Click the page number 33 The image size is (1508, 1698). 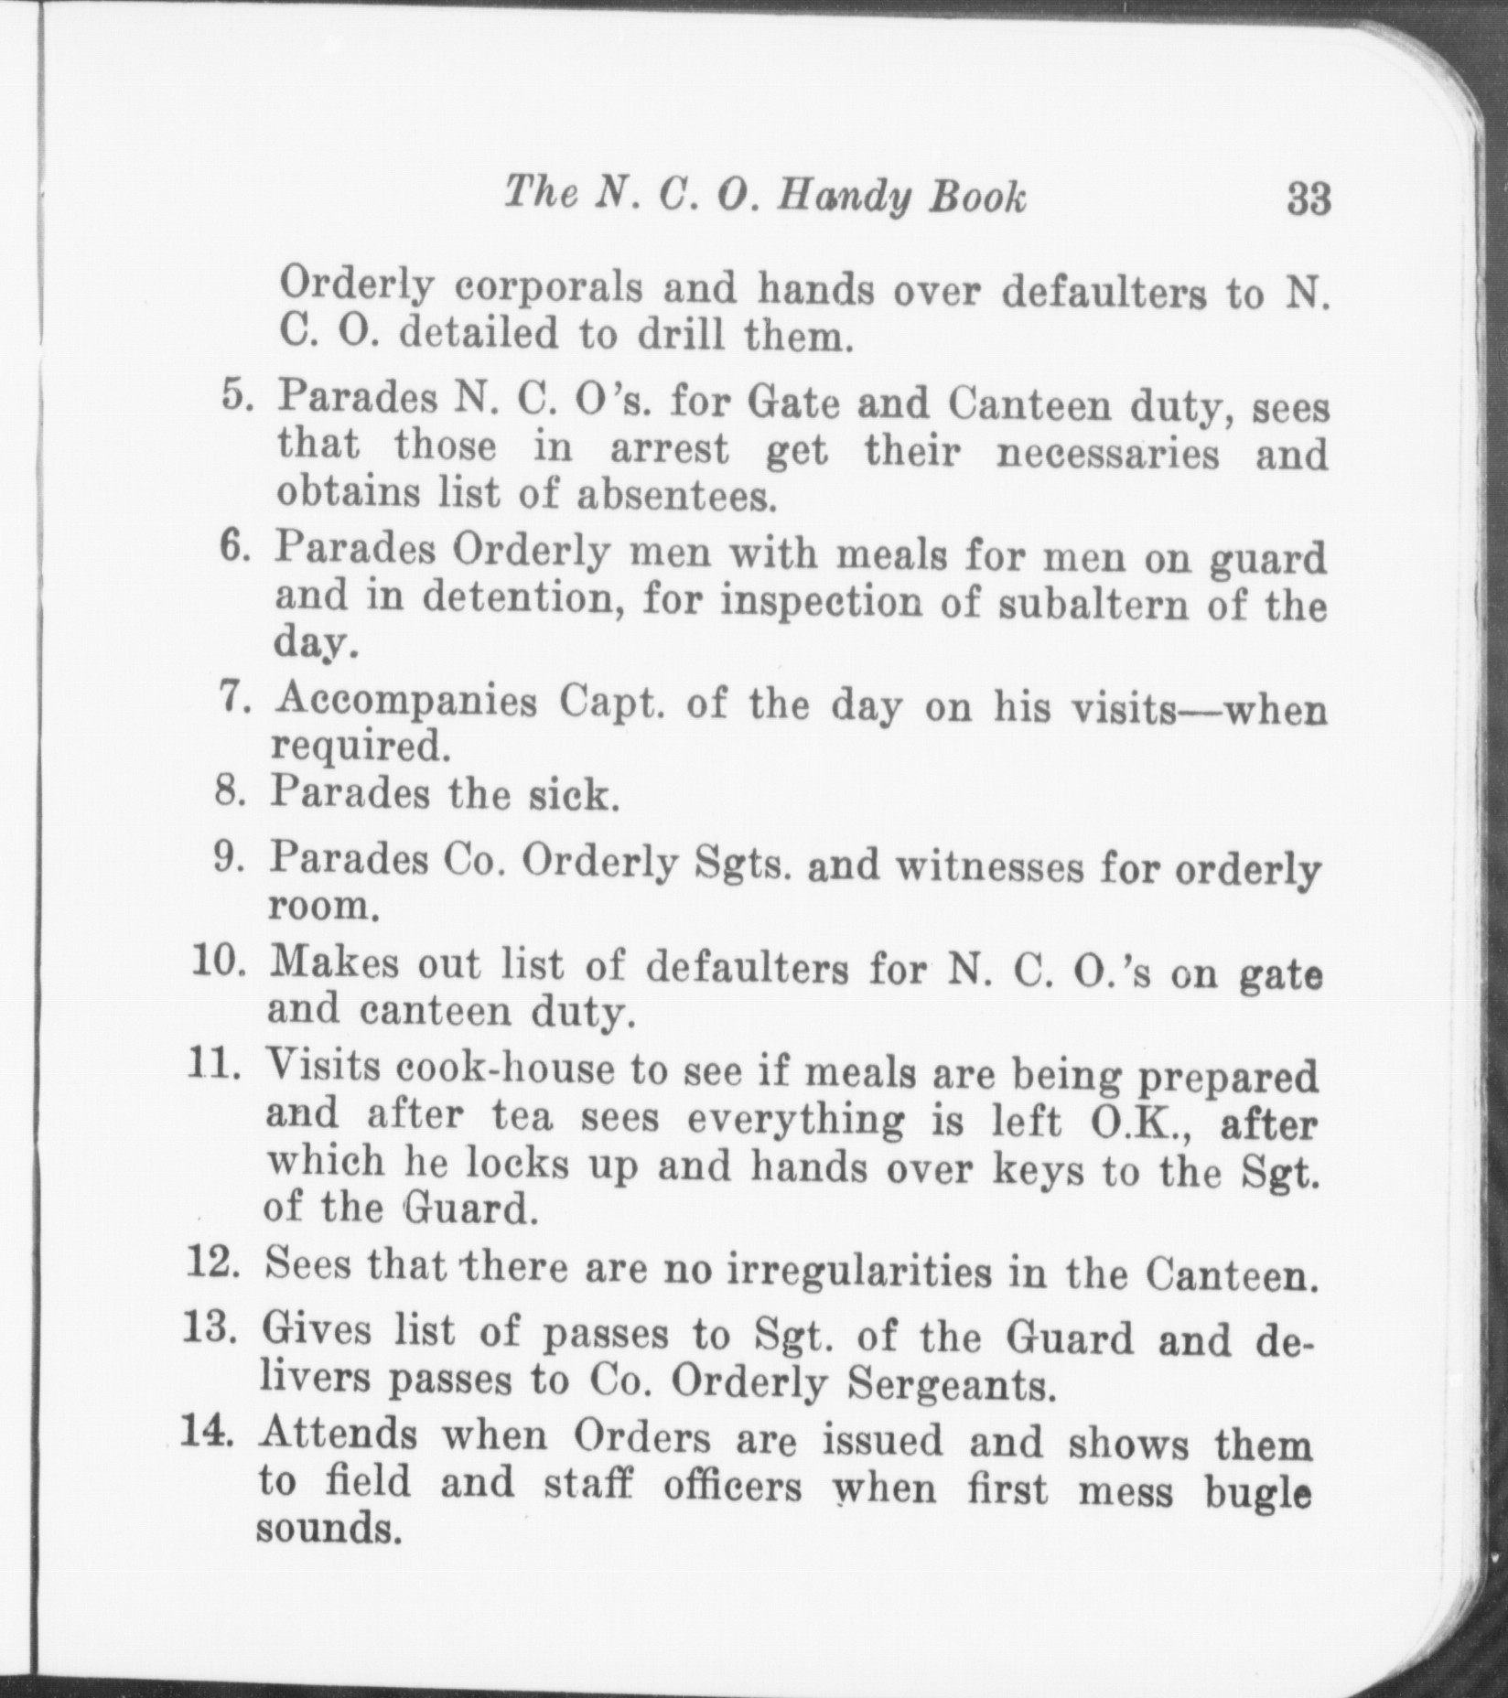(x=1308, y=199)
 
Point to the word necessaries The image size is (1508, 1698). (x=1107, y=453)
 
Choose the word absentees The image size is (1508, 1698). (x=676, y=497)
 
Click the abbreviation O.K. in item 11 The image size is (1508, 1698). (x=1134, y=1122)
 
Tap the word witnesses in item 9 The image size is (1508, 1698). (x=990, y=866)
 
